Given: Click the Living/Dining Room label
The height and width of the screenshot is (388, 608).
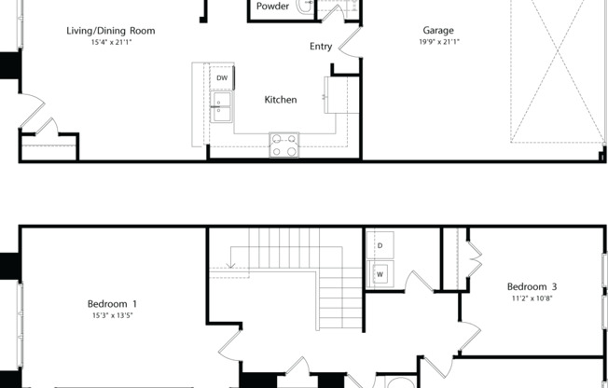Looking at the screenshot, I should point(110,31).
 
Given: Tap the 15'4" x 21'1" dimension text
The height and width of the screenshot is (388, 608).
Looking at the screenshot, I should point(110,43).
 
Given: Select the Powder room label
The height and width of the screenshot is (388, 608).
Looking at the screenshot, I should point(272,6).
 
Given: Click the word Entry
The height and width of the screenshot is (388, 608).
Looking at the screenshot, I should point(321,47).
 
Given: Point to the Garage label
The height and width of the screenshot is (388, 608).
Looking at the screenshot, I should point(437,31).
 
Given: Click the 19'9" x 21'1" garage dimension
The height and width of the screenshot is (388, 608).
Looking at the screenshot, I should point(437,42).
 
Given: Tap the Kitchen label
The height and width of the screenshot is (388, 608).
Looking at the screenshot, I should point(280,100).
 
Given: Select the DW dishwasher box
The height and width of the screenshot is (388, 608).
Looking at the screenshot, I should point(222,77).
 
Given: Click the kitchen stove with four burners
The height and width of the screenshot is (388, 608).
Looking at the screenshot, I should point(284,145).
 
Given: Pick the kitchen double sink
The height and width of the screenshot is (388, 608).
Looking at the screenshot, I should point(221,108).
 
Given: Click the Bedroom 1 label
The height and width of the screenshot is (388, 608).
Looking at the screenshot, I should point(112,303).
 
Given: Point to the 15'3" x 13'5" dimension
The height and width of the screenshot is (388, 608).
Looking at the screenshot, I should point(112,315).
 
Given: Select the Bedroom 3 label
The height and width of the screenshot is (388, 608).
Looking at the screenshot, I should point(532,286).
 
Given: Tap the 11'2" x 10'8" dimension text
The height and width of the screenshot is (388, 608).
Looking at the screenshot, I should point(532,298).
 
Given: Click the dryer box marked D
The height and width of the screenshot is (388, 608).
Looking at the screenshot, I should point(380,245).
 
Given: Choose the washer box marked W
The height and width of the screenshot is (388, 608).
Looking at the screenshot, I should point(380,274).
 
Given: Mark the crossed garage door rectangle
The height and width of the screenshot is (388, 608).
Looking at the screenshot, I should point(556,70).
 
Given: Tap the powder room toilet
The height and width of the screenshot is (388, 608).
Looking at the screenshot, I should point(305,6).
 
